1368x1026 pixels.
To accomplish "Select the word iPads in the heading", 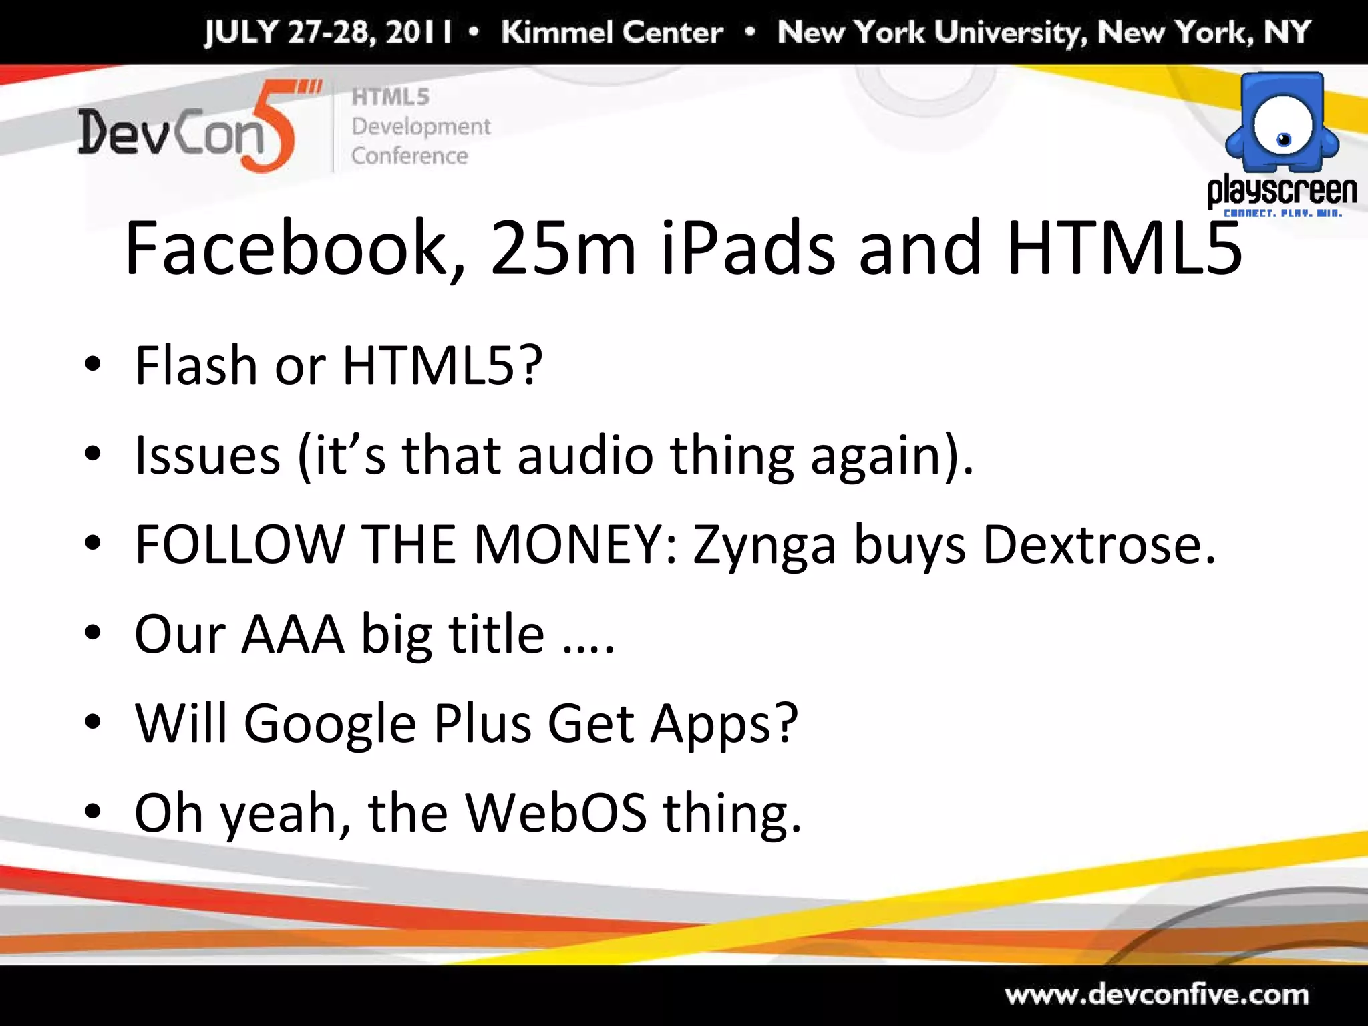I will point(747,248).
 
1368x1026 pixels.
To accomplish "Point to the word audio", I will point(584,455).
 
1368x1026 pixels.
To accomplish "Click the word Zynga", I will point(763,545).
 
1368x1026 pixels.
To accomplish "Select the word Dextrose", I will point(1099,544).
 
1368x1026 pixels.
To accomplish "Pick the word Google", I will point(330,724).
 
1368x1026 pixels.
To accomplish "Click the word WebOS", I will point(556,813).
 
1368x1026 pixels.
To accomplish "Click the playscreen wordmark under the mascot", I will point(1282,191).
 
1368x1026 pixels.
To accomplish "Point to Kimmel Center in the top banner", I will point(612,32).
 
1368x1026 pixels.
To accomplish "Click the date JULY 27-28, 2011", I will point(328,32).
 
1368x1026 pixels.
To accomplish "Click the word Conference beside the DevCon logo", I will point(409,156).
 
